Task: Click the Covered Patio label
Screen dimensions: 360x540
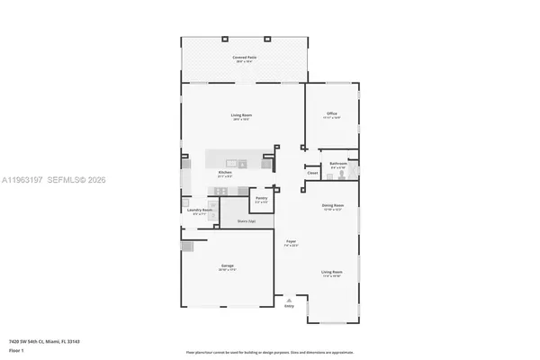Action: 240,58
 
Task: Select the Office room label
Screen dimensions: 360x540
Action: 331,113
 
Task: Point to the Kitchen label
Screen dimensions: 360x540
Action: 225,173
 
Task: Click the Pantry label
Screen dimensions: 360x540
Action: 261,198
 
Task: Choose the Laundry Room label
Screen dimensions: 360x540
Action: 200,211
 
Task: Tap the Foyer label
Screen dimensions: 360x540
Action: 292,242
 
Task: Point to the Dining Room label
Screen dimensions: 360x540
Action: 332,205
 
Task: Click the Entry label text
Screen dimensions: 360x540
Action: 289,307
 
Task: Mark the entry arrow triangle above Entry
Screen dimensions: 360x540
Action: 289,299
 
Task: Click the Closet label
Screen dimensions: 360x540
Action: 312,173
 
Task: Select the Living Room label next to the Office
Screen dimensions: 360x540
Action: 240,116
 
